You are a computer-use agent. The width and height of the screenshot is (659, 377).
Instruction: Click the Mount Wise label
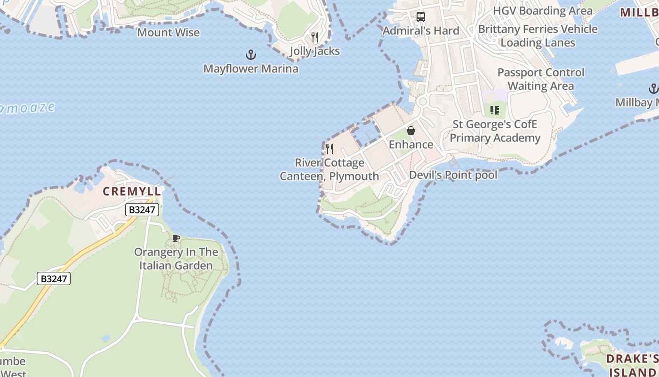[169, 33]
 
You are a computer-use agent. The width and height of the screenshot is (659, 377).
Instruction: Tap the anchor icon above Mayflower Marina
[251, 55]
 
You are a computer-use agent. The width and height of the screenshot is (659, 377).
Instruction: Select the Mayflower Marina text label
[251, 69]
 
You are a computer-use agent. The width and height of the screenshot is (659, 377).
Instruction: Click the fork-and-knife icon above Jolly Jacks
[315, 37]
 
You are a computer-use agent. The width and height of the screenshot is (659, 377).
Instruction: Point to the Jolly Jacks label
[315, 51]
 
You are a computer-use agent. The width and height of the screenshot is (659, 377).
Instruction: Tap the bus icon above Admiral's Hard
[421, 17]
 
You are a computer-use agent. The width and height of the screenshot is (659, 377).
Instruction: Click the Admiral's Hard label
[421, 31]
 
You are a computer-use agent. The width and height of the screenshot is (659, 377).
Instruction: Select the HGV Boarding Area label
[543, 10]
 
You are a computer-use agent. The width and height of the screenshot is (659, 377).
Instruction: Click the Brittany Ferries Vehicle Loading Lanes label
[538, 36]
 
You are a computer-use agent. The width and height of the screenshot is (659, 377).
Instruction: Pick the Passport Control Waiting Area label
[541, 79]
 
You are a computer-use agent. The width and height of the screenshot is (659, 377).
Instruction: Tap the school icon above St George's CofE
[495, 110]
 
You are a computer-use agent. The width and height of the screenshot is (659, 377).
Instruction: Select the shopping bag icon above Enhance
[411, 131]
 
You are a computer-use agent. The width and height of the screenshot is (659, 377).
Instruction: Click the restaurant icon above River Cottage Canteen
[329, 149]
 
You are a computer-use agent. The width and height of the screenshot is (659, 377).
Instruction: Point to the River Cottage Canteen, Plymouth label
[329, 170]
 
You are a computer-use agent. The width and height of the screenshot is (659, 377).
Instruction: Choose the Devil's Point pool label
[453, 175]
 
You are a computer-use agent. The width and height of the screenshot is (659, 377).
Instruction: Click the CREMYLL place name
[132, 192]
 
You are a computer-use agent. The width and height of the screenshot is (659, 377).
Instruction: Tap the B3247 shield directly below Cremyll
[142, 210]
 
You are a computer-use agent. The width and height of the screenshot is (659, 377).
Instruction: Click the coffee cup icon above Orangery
[176, 238]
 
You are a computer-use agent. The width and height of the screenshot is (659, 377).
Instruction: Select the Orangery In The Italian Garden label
[176, 259]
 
